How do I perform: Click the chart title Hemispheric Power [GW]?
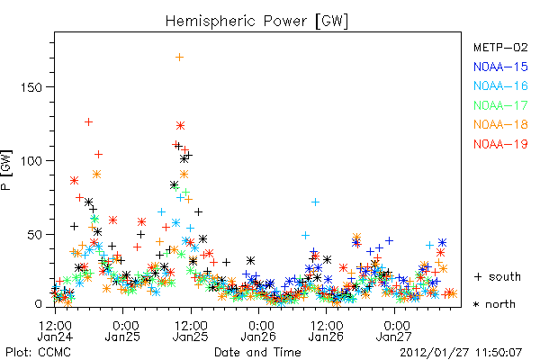pyautogui.click(x=256, y=22)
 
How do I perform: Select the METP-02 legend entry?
pyautogui.click(x=500, y=47)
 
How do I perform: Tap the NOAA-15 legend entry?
pyautogui.click(x=500, y=67)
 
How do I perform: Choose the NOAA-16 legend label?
pyautogui.click(x=500, y=85)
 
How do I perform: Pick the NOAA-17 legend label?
pyautogui.click(x=500, y=105)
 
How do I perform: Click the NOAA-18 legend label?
pyautogui.click(x=500, y=124)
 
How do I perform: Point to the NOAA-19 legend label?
pyautogui.click(x=500, y=144)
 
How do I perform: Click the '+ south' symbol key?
pyautogui.click(x=498, y=276)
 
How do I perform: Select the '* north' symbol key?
pyautogui.click(x=494, y=304)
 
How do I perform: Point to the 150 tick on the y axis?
pyautogui.click(x=31, y=87)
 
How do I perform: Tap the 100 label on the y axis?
pyautogui.click(x=31, y=161)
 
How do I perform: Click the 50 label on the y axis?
pyautogui.click(x=34, y=235)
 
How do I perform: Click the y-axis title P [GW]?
pyautogui.click(x=7, y=170)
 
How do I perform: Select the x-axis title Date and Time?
pyautogui.click(x=257, y=352)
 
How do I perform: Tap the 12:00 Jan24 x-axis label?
pyautogui.click(x=55, y=331)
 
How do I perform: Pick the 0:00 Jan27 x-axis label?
pyautogui.click(x=394, y=331)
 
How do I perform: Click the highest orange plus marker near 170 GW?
pyautogui.click(x=179, y=58)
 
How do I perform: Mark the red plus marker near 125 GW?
pyautogui.click(x=88, y=122)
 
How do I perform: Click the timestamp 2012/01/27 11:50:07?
pyautogui.click(x=461, y=353)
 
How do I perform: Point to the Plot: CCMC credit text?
pyautogui.click(x=38, y=353)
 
